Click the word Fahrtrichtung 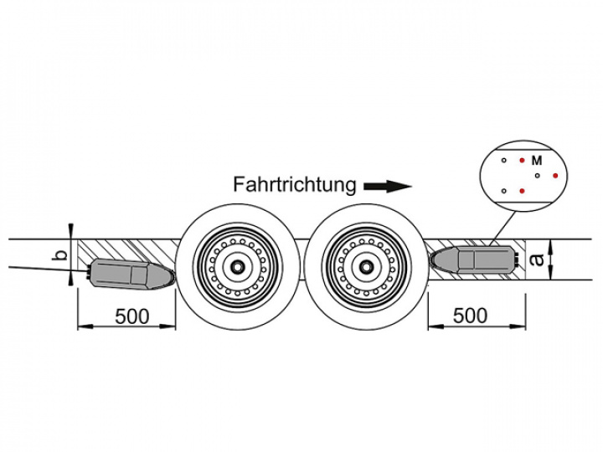[295, 183]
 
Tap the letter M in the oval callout [537, 159]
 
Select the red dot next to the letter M [522, 159]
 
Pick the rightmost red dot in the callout [554, 176]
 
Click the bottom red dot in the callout [522, 191]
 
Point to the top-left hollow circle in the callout [503, 159]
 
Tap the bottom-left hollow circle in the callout [503, 191]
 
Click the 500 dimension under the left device [132, 316]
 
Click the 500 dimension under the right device [470, 316]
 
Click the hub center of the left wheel [240, 265]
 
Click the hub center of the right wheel [365, 265]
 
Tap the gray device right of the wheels [476, 259]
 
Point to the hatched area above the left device [126, 249]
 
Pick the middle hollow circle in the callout [537, 176]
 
